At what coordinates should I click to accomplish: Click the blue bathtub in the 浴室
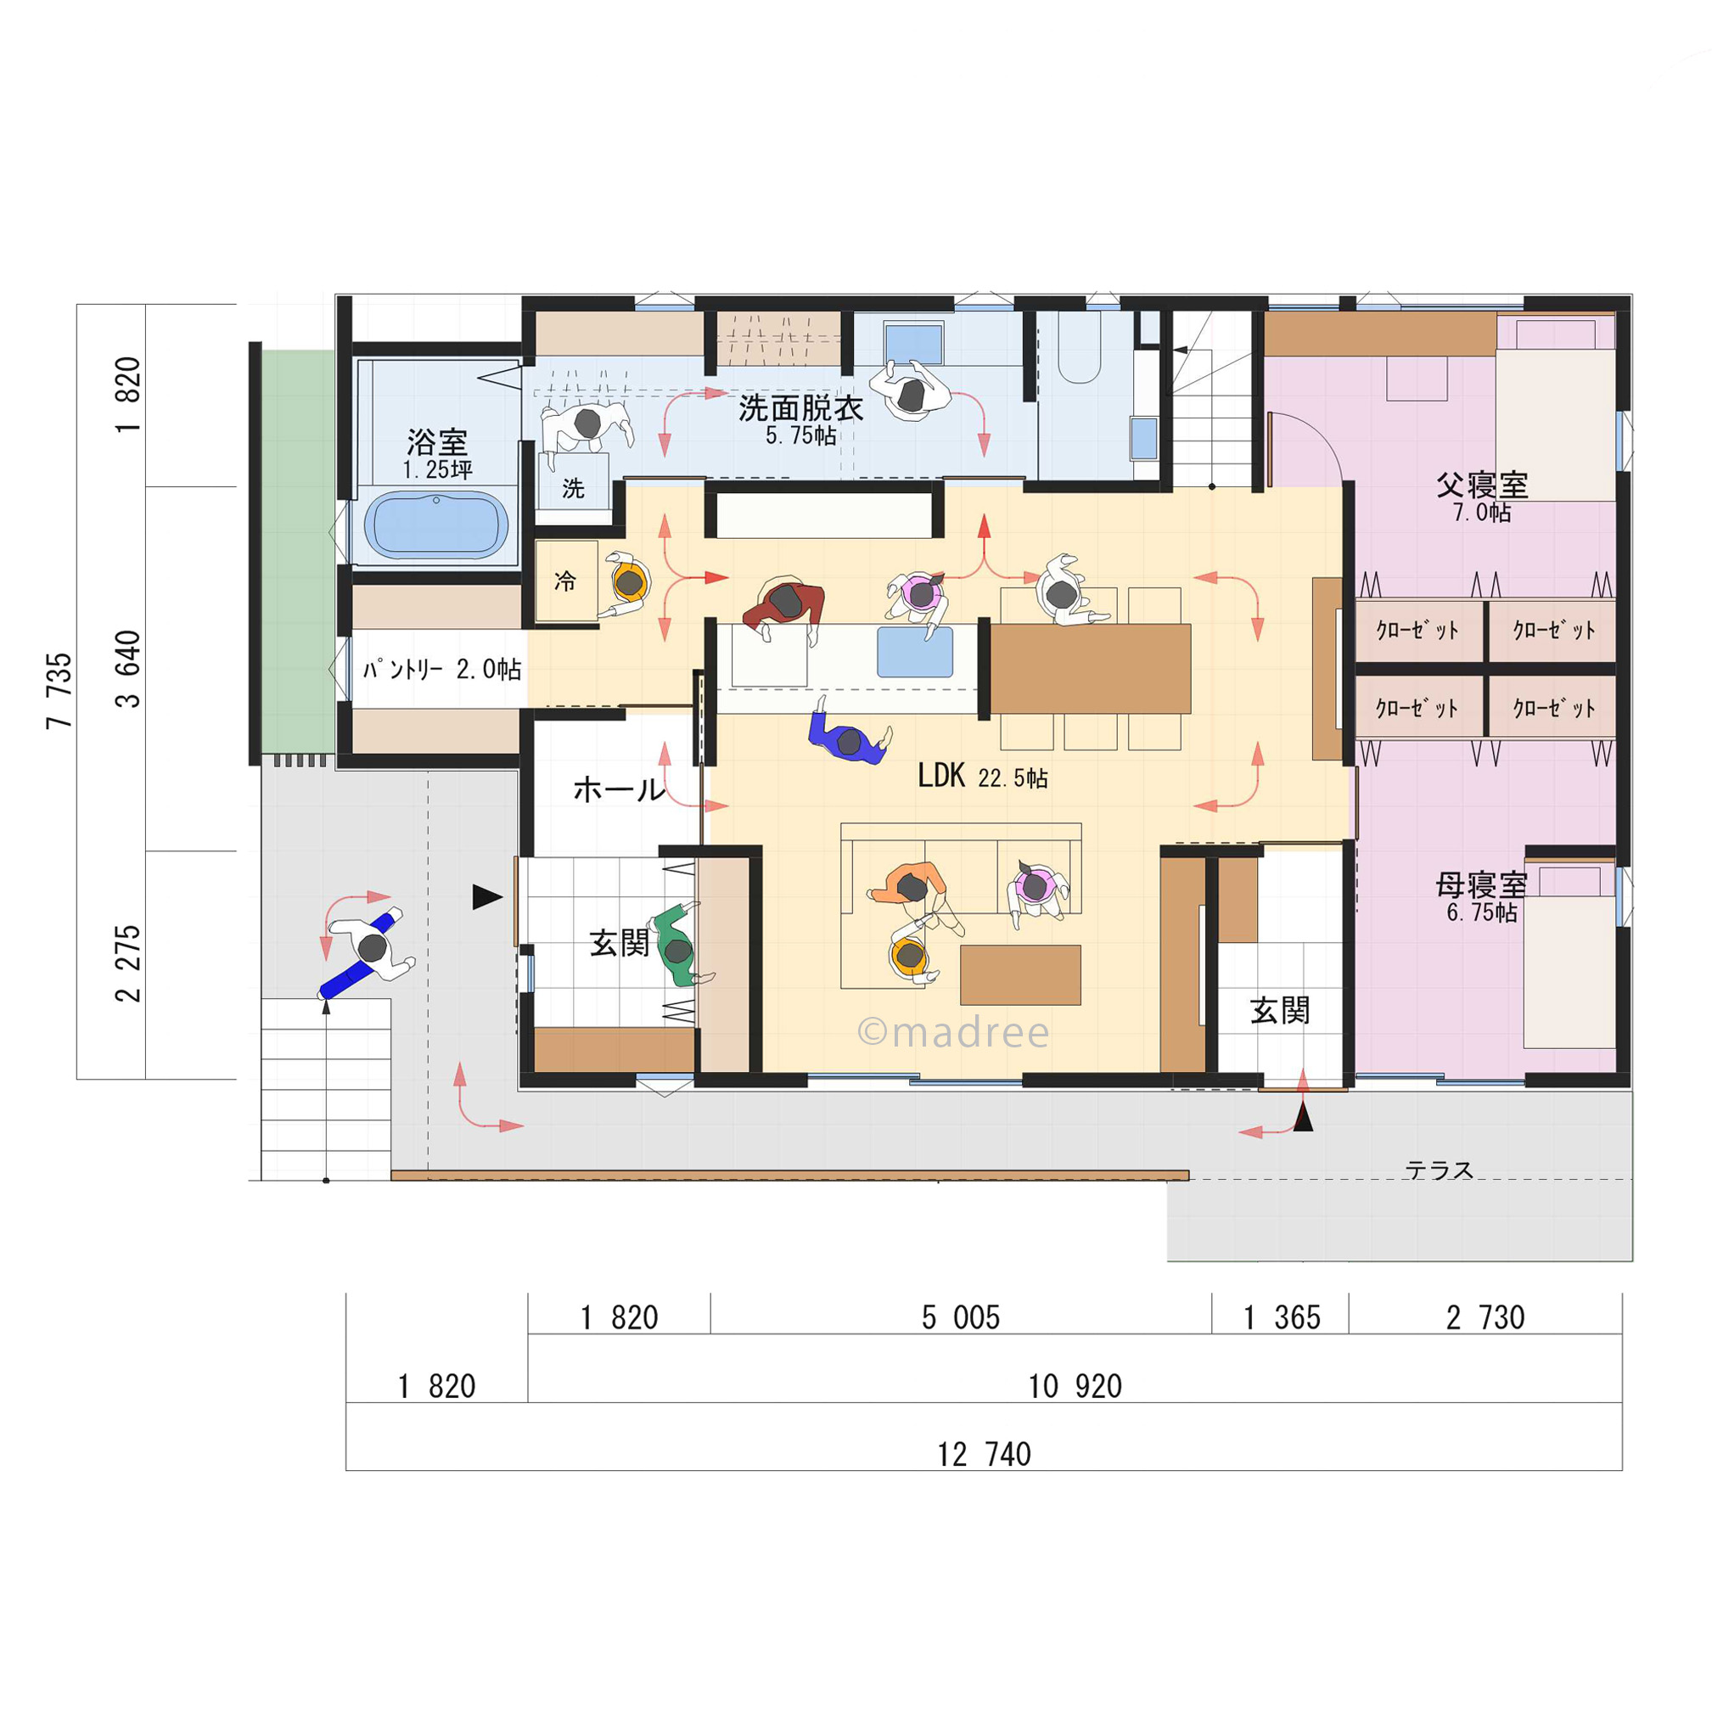437,525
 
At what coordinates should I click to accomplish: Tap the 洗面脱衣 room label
800,408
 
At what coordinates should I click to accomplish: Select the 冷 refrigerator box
567,581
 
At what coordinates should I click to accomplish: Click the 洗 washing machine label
573,487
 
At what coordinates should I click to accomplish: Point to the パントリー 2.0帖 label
441,669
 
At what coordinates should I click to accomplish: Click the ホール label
619,789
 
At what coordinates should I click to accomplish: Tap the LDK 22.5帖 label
983,777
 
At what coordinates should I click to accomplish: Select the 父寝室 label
1482,485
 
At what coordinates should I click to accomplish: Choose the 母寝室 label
1482,884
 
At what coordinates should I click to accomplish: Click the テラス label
1439,1170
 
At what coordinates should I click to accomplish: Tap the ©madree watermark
953,1032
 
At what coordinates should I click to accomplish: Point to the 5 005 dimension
961,1317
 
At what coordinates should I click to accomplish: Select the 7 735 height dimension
59,691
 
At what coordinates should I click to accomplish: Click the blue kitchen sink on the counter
914,652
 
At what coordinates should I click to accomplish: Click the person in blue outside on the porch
368,952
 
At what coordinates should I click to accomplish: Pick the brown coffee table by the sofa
1020,974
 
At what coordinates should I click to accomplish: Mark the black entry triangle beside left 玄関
486,897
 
